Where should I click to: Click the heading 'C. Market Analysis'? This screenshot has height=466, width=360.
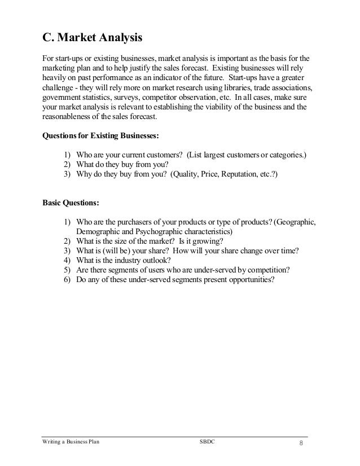[93, 38]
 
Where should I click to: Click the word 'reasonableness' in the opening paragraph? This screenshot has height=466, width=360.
[69, 117]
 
